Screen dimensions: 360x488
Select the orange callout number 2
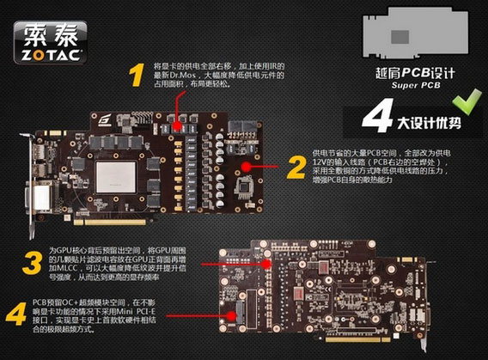[296, 165]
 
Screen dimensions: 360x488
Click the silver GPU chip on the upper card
[117, 176]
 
